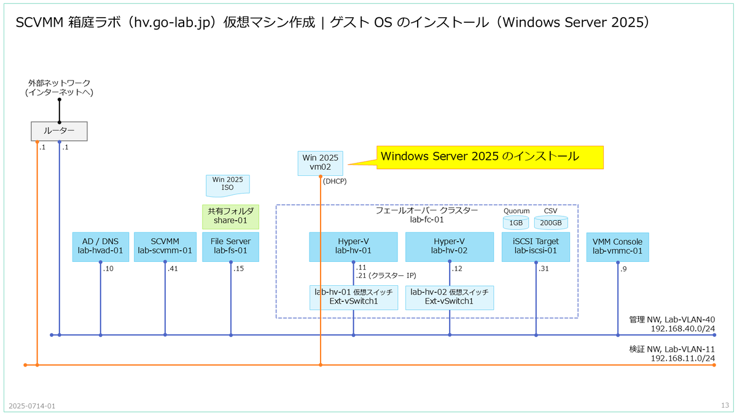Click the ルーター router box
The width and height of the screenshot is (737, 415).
point(59,131)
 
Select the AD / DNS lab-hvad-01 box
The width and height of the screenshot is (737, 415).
point(101,247)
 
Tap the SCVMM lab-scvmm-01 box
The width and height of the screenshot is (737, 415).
point(165,247)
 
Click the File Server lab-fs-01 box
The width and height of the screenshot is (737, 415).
point(231,247)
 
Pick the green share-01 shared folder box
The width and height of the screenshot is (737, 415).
point(231,216)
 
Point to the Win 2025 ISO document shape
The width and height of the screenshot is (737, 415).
point(228,186)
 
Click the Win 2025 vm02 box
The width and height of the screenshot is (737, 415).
point(321,164)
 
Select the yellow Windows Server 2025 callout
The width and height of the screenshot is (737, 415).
point(490,157)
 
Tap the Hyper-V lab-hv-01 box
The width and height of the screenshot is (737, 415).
point(353,247)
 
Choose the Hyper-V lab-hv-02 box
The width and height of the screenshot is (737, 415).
point(450,247)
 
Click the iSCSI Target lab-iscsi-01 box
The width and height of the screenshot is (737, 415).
point(536,247)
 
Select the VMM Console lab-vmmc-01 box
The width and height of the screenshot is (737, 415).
point(618,247)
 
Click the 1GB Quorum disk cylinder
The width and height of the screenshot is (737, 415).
point(516,223)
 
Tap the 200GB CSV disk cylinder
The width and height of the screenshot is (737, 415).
point(551,223)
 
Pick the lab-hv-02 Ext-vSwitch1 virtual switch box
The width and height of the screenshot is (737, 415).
point(450,298)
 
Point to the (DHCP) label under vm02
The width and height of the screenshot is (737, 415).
point(335,181)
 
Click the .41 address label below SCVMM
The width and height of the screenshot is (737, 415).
point(173,269)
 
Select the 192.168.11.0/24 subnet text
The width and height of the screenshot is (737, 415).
point(683,358)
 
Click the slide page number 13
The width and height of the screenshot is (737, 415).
point(725,405)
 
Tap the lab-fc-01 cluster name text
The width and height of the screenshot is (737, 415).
point(427,219)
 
